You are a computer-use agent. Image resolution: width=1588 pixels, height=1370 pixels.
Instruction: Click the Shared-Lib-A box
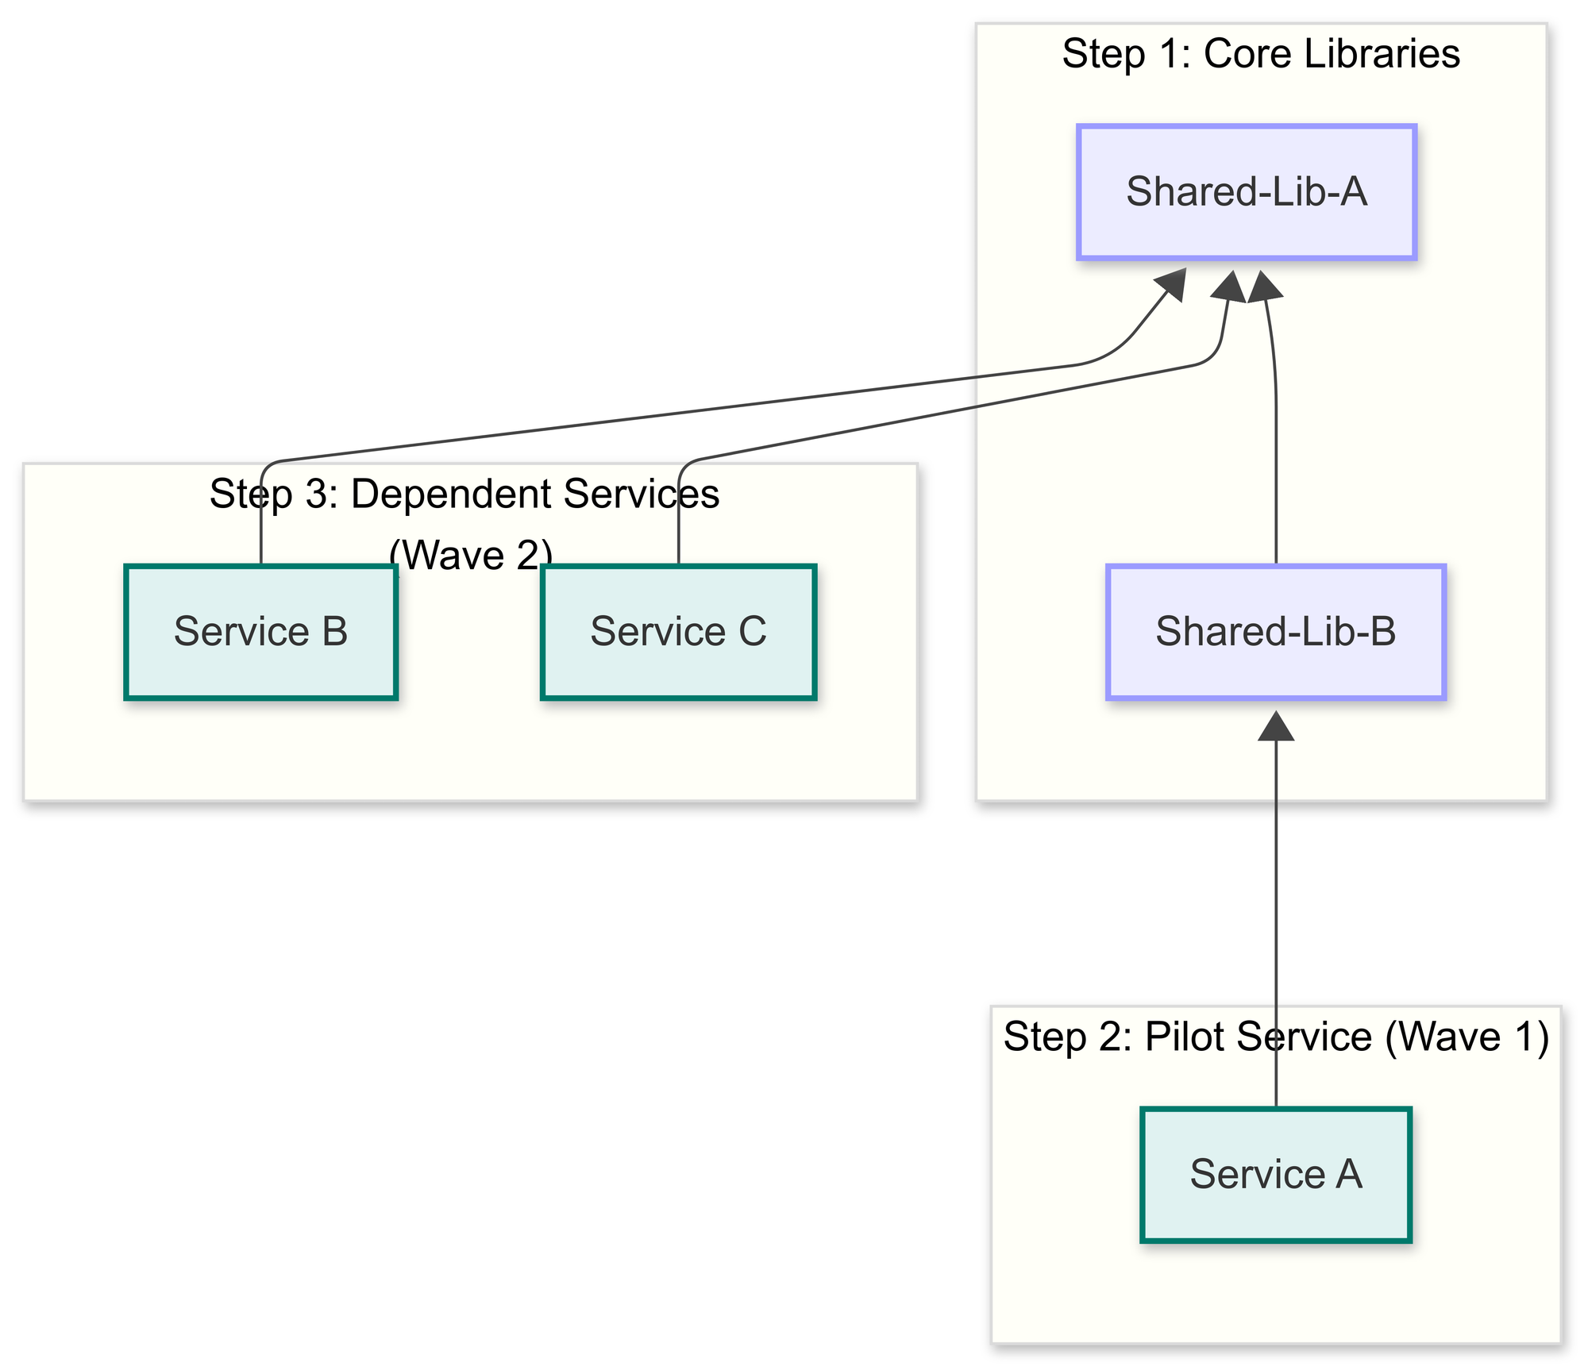[x=1246, y=192]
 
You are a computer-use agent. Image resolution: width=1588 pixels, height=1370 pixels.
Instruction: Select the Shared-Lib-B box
[x=1275, y=632]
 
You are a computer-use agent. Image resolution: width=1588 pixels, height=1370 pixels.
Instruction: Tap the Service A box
[x=1275, y=1174]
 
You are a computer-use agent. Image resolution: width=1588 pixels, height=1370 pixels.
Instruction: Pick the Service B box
[x=260, y=632]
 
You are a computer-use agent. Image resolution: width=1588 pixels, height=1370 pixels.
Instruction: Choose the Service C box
[x=678, y=632]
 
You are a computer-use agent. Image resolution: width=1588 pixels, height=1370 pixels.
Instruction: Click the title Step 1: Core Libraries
[x=1260, y=54]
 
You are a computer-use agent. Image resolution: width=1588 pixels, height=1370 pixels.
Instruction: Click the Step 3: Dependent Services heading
[x=464, y=494]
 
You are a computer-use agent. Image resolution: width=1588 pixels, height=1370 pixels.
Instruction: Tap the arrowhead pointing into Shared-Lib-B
[x=1276, y=725]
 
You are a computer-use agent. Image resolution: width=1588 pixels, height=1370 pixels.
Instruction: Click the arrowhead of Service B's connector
[x=1171, y=286]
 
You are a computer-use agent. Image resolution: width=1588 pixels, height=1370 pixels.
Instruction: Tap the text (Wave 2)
[x=470, y=555]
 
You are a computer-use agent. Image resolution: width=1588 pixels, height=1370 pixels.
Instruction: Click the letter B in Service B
[x=334, y=632]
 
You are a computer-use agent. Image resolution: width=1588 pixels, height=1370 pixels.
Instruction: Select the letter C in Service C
[x=752, y=632]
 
